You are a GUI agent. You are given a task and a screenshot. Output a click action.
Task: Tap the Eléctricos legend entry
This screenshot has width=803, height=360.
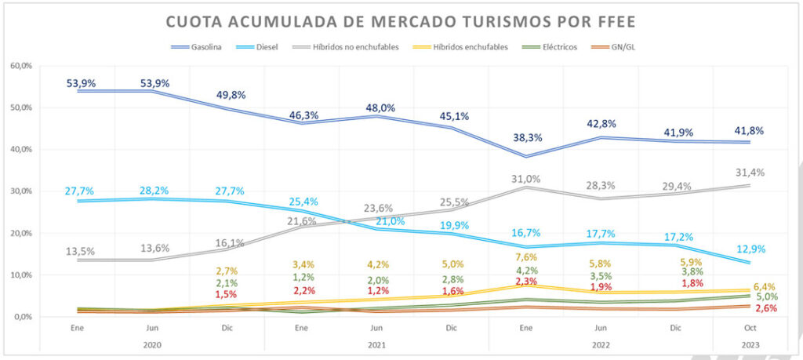coord(560,47)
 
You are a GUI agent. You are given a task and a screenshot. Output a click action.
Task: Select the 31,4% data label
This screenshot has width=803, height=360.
coord(749,173)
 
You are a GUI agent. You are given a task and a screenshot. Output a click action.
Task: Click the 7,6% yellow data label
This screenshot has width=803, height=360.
coord(525,256)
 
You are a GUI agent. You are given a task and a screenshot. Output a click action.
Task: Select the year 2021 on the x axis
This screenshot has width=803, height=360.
coord(377,344)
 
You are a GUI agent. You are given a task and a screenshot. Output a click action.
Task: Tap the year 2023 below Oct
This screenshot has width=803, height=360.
coord(748,344)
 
